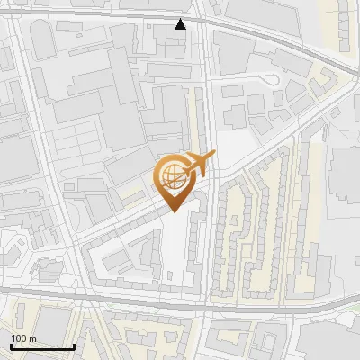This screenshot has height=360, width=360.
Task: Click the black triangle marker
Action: pyautogui.click(x=181, y=24)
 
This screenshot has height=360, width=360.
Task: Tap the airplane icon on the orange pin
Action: pyautogui.click(x=200, y=163)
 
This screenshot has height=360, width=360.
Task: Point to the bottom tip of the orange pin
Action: pyautogui.click(x=171, y=212)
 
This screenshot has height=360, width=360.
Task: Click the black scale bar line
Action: pyautogui.click(x=41, y=346)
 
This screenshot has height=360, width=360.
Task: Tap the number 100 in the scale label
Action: pyautogui.click(x=19, y=338)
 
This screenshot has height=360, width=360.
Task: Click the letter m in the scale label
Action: pyautogui.click(x=32, y=338)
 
